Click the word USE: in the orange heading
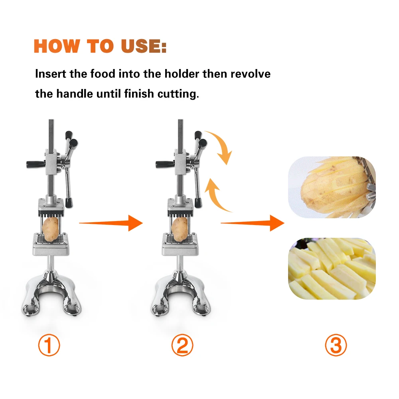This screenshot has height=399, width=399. (144, 46)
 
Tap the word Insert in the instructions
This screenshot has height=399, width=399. (51, 74)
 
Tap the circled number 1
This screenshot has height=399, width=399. (49, 345)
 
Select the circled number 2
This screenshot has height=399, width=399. (182, 345)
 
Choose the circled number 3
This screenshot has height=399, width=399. (336, 345)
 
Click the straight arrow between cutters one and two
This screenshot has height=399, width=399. (111, 223)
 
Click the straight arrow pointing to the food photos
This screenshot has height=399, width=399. (253, 223)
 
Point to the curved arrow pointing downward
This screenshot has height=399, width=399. (221, 146)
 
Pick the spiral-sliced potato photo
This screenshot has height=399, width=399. (332, 187)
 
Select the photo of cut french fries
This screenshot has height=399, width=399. (332, 269)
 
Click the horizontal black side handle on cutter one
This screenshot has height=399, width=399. (36, 164)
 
